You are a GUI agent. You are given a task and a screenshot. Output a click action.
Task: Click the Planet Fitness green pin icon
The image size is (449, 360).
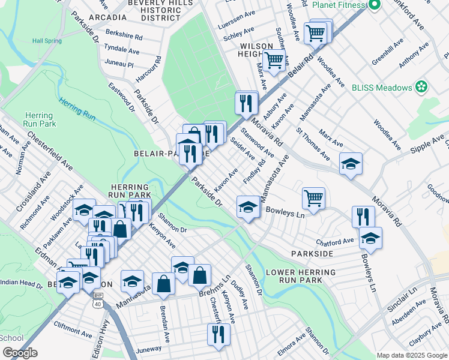[x=375, y=5]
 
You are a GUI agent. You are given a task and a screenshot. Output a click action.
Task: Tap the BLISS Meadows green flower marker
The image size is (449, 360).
[x=421, y=88]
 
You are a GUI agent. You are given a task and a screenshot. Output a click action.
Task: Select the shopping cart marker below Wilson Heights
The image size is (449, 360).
[x=274, y=60]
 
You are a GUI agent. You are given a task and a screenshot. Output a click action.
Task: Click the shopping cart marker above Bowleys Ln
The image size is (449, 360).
[x=313, y=197]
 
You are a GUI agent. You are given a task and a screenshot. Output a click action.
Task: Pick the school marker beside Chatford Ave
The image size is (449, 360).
[x=370, y=237]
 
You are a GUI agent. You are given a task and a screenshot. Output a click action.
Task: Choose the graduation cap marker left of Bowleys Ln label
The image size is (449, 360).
[x=247, y=207]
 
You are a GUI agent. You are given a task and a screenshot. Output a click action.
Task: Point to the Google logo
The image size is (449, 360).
[x=20, y=353]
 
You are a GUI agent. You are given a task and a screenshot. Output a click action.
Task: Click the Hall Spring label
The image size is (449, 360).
[x=47, y=41]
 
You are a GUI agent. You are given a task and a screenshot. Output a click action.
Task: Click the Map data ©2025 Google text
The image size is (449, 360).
[x=412, y=355]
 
